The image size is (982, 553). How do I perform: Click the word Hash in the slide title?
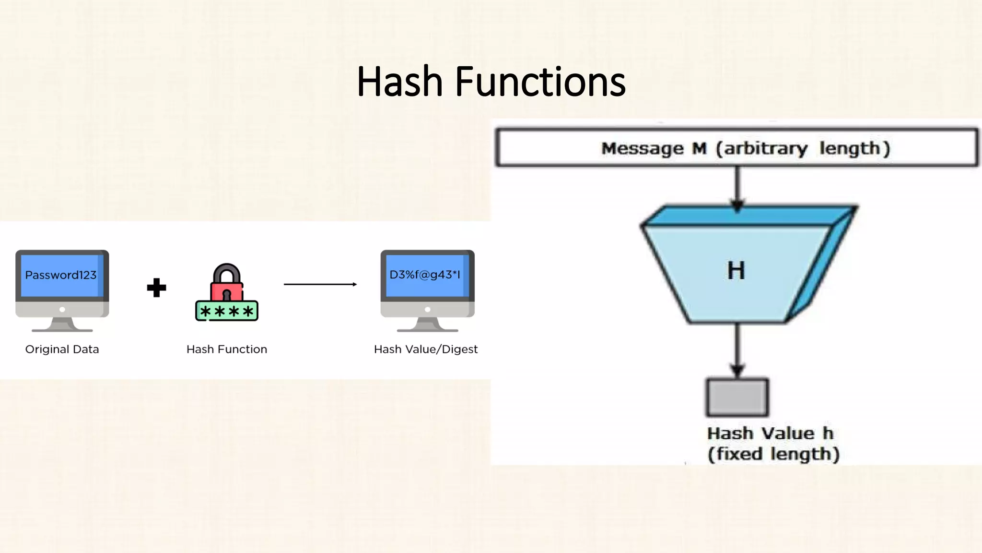[399, 82]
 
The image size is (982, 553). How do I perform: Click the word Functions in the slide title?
[540, 82]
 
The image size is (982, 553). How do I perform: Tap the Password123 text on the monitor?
[61, 275]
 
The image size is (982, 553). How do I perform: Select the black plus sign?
[156, 288]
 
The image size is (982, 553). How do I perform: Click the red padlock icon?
[226, 286]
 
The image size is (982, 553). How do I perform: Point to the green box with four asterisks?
[227, 312]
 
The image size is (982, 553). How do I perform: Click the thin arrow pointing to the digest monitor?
[320, 284]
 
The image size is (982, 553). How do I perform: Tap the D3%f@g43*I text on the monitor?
[425, 275]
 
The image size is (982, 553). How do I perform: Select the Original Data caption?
[62, 349]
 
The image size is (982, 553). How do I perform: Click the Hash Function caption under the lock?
[226, 349]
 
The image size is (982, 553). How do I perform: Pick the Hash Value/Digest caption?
[425, 349]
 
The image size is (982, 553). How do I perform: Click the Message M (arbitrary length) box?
[737, 147]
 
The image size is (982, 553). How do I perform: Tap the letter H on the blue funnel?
[736, 271]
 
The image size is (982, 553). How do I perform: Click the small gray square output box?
[737, 397]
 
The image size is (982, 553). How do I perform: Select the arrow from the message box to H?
[737, 187]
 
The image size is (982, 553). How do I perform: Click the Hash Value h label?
[770, 433]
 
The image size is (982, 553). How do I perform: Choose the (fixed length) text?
[773, 454]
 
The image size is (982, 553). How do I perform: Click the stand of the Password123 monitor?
[62, 325]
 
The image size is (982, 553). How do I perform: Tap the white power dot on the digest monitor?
[427, 310]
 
